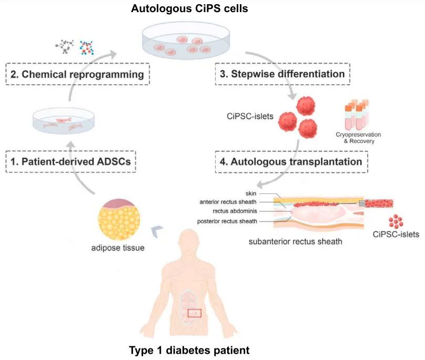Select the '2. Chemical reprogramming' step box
(x=77, y=74)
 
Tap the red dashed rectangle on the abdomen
(x=194, y=313)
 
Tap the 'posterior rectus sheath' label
(x=228, y=221)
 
